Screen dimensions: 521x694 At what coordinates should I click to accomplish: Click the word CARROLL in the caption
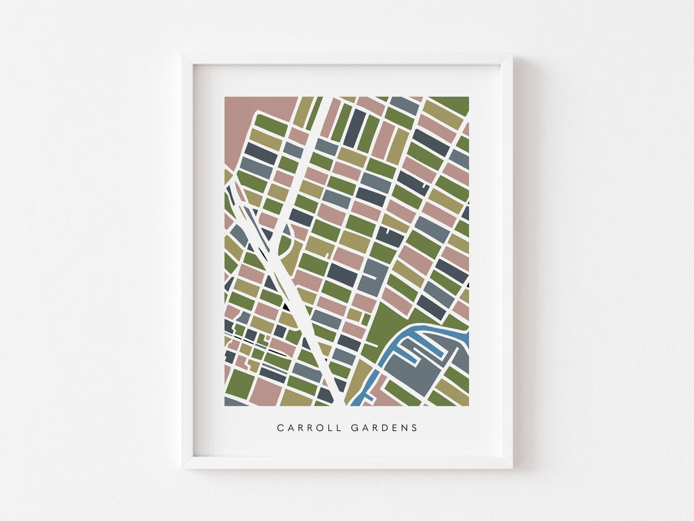click(x=307, y=428)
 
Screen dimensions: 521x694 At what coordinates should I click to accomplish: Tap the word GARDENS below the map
click(x=384, y=428)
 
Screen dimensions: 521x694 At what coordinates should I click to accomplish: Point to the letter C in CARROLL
click(x=280, y=428)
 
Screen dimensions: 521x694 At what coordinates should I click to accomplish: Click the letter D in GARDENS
click(x=385, y=428)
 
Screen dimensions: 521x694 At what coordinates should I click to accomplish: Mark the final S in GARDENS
click(x=415, y=428)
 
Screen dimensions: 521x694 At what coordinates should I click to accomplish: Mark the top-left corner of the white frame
click(x=183, y=56)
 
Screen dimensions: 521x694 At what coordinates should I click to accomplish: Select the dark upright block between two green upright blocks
click(x=354, y=128)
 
